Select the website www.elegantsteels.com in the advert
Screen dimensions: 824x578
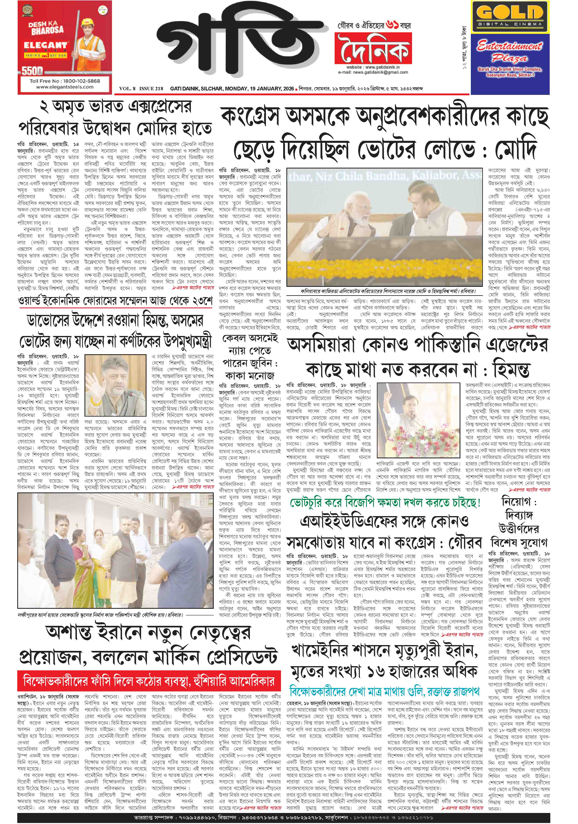click(65, 87)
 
